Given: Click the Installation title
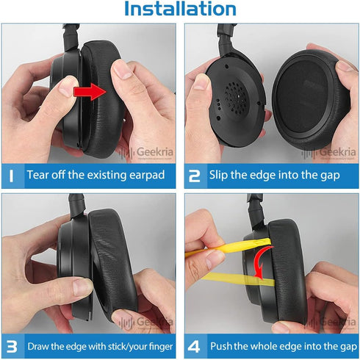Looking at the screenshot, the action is (x=180, y=9).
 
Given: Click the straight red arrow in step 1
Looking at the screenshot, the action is (x=90, y=92).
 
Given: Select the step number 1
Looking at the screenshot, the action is (x=11, y=176).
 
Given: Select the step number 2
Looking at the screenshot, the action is (x=195, y=176).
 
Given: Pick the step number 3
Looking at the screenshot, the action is (x=12, y=347).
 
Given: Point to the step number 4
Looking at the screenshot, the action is (x=194, y=347).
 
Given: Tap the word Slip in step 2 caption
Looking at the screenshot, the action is (x=218, y=176).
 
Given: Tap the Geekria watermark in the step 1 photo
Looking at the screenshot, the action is (x=146, y=153).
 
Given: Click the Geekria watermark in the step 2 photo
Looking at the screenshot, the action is (x=329, y=153).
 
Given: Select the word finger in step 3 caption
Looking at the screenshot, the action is (x=161, y=347).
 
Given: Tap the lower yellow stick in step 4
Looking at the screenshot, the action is (x=237, y=279).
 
